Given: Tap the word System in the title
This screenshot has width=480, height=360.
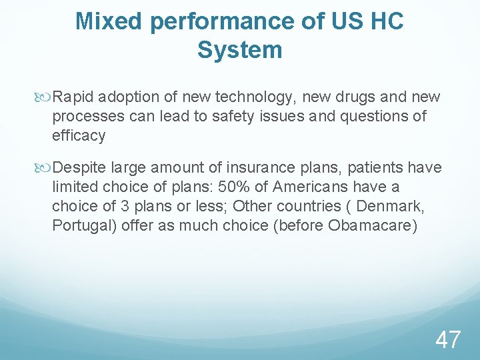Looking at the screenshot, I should (240, 50).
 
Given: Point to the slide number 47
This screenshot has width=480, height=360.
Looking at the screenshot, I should (447, 339).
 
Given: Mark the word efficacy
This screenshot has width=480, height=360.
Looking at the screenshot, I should (79, 136).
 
